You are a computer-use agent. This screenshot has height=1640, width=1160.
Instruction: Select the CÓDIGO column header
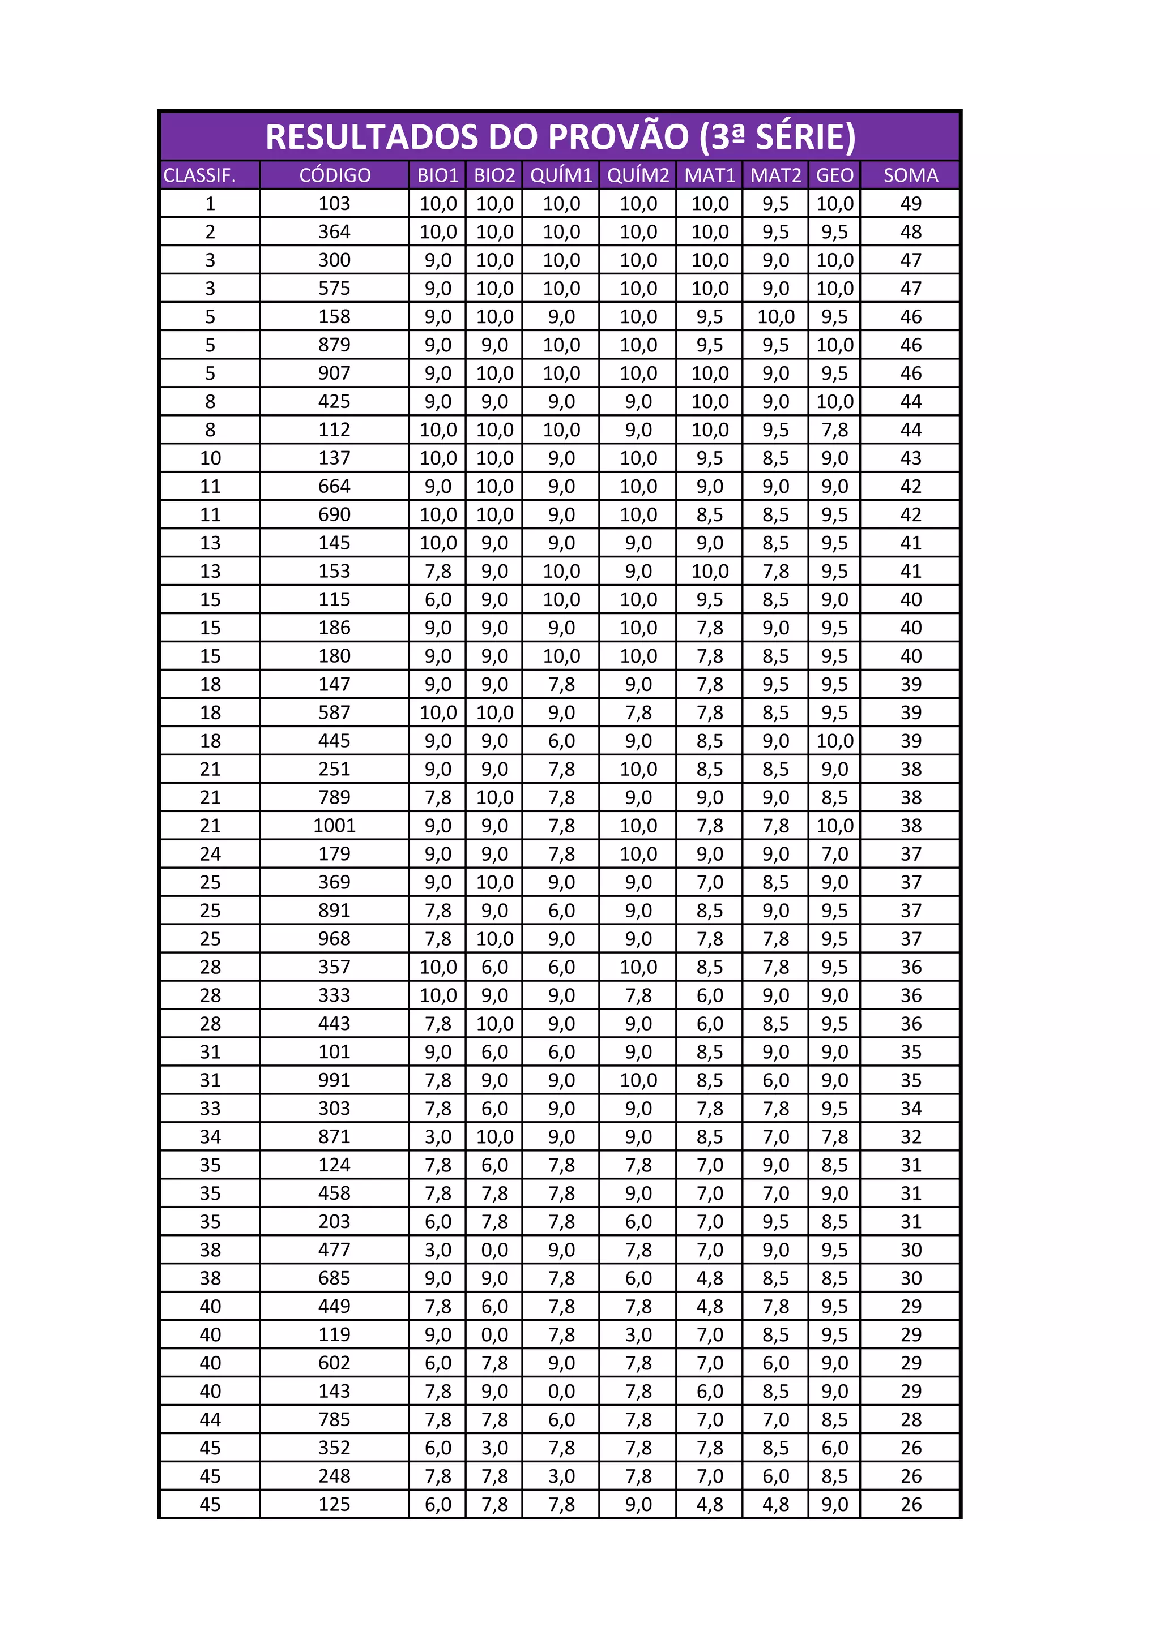[x=335, y=175]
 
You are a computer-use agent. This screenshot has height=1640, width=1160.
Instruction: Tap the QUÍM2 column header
[x=638, y=175]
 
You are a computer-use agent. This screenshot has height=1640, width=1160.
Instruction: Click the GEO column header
[x=834, y=175]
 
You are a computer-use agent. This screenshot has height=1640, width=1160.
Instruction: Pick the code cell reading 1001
[x=335, y=826]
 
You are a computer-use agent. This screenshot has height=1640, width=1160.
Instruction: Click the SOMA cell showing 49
[x=911, y=204]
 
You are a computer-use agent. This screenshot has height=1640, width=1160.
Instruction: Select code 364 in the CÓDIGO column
[x=335, y=232]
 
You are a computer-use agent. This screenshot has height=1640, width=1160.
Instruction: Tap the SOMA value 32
[x=911, y=1136]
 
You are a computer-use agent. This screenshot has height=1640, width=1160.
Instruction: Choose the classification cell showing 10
[x=210, y=458]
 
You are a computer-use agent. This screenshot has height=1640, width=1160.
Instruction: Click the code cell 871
[x=335, y=1136]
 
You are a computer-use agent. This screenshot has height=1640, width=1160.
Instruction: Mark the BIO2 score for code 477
[x=494, y=1250]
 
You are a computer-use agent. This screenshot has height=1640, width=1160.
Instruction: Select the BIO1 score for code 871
[x=437, y=1136]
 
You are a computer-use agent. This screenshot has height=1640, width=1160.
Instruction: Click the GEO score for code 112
[x=834, y=430]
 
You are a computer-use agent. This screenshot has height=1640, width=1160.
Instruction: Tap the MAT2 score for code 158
[x=775, y=316]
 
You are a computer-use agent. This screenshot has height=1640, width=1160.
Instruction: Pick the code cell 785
[x=335, y=1419]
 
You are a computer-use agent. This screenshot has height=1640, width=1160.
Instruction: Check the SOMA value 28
[x=911, y=1419]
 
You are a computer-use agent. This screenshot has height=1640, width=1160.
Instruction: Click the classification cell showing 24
[x=210, y=853]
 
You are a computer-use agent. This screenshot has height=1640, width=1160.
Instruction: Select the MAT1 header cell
[x=709, y=175]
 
